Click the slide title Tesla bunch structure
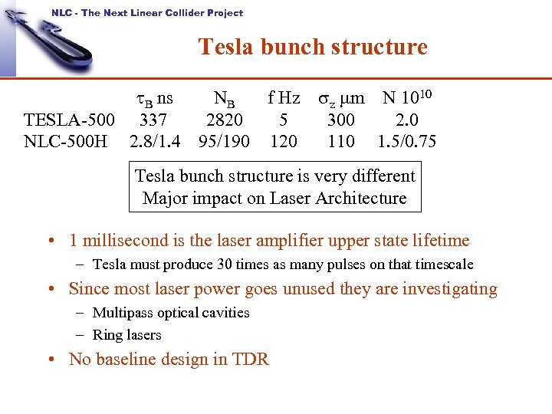313,48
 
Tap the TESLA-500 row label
70,120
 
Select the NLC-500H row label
66,142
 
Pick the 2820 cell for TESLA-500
225,120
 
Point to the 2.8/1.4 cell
156,142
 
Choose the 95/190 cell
224,142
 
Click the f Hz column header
284,98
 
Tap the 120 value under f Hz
284,142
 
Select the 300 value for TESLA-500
340,120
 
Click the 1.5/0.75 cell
407,142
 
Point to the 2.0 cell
408,120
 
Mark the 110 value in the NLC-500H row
340,142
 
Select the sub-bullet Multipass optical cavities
171,313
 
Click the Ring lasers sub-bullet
127,335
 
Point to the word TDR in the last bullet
251,360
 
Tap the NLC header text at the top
147,12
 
